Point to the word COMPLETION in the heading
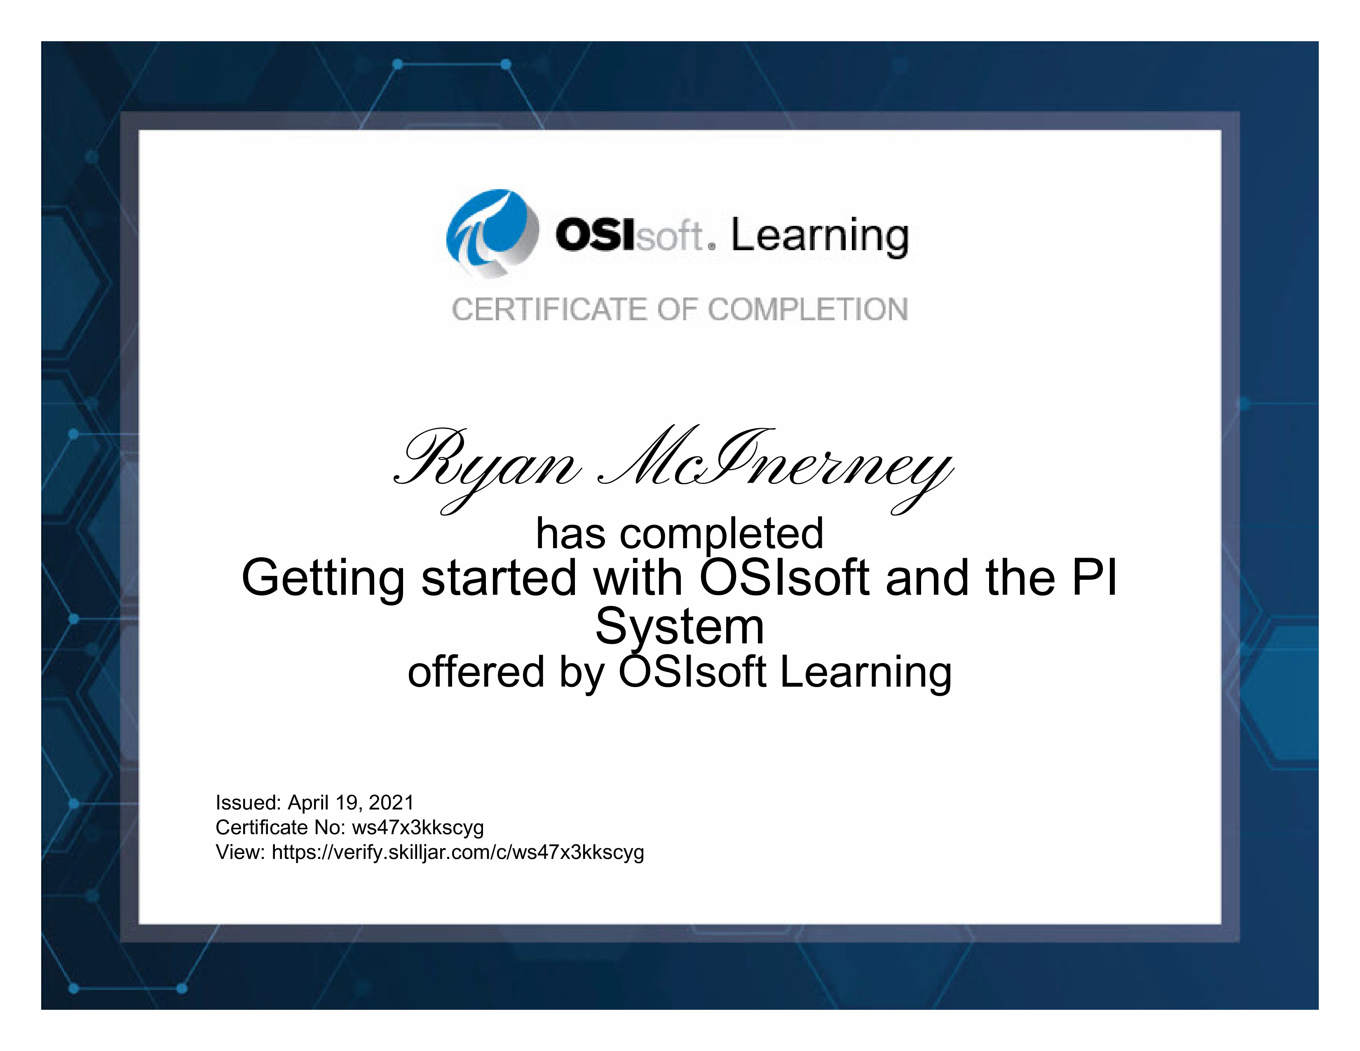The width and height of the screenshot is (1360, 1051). point(808,310)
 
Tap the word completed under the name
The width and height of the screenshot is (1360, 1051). point(722,534)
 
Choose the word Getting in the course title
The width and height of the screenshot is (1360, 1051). point(323,579)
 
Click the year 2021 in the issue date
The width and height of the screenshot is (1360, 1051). point(391,802)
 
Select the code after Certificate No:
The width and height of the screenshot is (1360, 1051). point(418,828)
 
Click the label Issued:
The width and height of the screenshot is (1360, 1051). point(249,802)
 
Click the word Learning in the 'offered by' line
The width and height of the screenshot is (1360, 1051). point(865,673)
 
